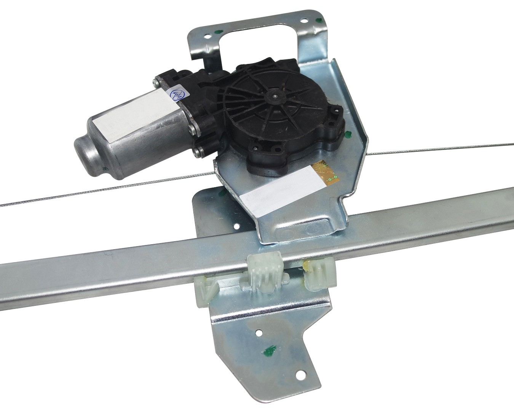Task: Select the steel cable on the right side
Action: coord(438,149)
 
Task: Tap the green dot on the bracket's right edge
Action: coord(347,134)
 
